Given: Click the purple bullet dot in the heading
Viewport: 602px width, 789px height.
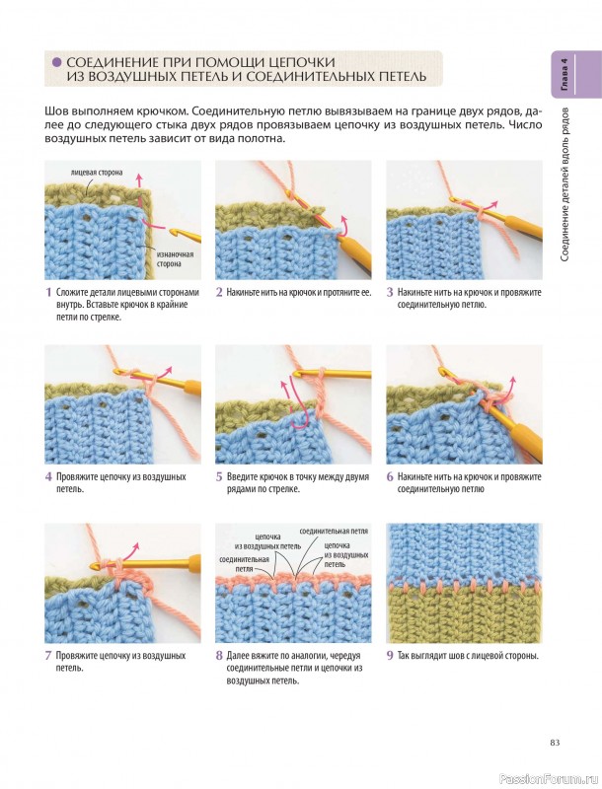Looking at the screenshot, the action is point(57,62).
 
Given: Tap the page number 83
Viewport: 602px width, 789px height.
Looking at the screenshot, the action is point(556,743).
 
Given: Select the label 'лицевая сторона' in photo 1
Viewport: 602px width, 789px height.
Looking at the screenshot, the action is point(97,172).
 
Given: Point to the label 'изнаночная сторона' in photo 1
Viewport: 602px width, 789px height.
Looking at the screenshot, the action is point(173,258).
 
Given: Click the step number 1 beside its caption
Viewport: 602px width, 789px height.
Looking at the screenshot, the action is point(48,292).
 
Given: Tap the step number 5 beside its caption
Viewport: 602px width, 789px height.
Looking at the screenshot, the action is point(219,477).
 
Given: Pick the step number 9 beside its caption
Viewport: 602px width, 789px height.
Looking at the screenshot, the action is point(390,656).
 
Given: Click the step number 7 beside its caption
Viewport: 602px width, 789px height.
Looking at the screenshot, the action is point(48,656).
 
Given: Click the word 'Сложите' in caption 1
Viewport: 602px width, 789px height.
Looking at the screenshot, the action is point(71,292).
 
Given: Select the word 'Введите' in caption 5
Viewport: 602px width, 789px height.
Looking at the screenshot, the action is point(242,477).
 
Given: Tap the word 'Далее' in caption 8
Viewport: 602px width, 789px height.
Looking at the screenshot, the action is point(238,656).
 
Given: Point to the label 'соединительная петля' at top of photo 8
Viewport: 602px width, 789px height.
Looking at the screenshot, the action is point(334,532).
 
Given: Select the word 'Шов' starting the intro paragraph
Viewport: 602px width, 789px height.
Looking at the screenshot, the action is point(55,110).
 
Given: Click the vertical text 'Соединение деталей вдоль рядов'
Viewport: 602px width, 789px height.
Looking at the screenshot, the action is point(564,184).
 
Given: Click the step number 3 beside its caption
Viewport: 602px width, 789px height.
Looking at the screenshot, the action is point(390,292).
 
